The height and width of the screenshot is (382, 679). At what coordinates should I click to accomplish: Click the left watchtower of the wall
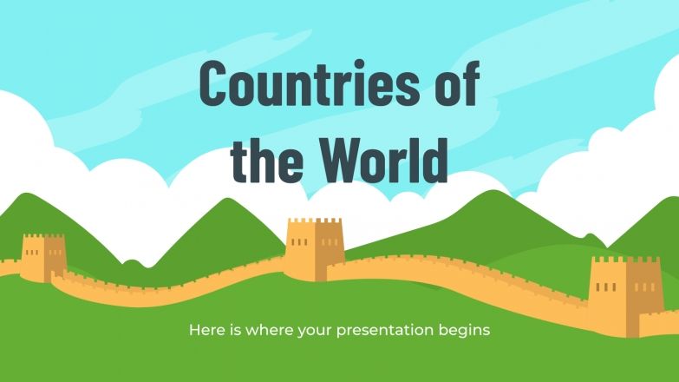pyautogui.click(x=43, y=258)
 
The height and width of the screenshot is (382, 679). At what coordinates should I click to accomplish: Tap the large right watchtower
pyautogui.click(x=625, y=295)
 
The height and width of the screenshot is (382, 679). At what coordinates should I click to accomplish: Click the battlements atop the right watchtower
pyautogui.click(x=625, y=260)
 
